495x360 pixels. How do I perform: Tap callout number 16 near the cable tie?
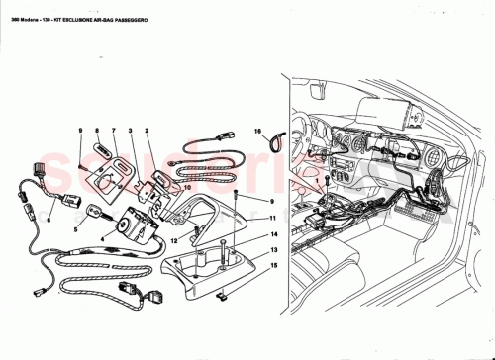(x=254, y=131)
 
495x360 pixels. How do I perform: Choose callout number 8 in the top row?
(x=97, y=131)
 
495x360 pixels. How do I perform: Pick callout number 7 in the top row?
(x=113, y=131)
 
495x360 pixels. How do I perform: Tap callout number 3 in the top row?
(x=130, y=131)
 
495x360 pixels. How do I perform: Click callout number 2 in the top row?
(x=147, y=131)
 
